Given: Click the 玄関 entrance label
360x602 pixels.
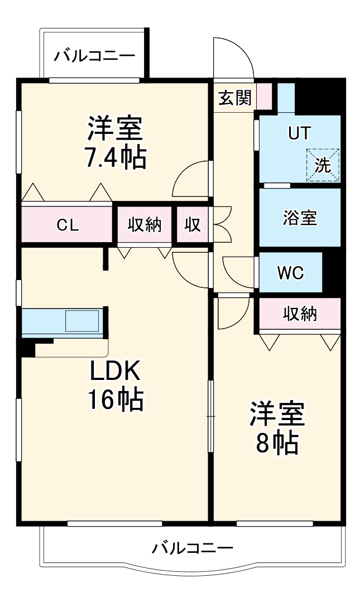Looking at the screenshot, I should click(x=234, y=98).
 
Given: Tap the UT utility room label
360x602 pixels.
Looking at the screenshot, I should click(x=300, y=133).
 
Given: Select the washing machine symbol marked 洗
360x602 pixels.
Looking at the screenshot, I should click(x=323, y=165).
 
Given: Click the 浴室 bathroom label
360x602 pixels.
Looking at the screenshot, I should click(x=300, y=218).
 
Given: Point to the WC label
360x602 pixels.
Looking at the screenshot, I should click(x=291, y=273).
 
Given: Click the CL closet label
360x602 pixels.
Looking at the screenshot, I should click(x=68, y=225).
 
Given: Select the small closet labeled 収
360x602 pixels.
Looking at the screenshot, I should click(x=193, y=225).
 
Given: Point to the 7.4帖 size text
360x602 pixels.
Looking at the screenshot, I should click(x=116, y=158).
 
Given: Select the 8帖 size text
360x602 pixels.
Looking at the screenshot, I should click(x=277, y=443).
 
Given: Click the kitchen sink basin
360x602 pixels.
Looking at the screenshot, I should click(x=82, y=322).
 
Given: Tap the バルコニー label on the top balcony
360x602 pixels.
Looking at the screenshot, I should click(x=94, y=56).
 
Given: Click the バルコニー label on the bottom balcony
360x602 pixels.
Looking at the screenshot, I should click(x=192, y=548).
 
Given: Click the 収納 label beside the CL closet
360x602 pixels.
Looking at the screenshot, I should click(x=145, y=225).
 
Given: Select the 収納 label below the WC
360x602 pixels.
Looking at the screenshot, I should click(x=300, y=314).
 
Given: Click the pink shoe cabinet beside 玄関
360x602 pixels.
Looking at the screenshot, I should click(x=264, y=95).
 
